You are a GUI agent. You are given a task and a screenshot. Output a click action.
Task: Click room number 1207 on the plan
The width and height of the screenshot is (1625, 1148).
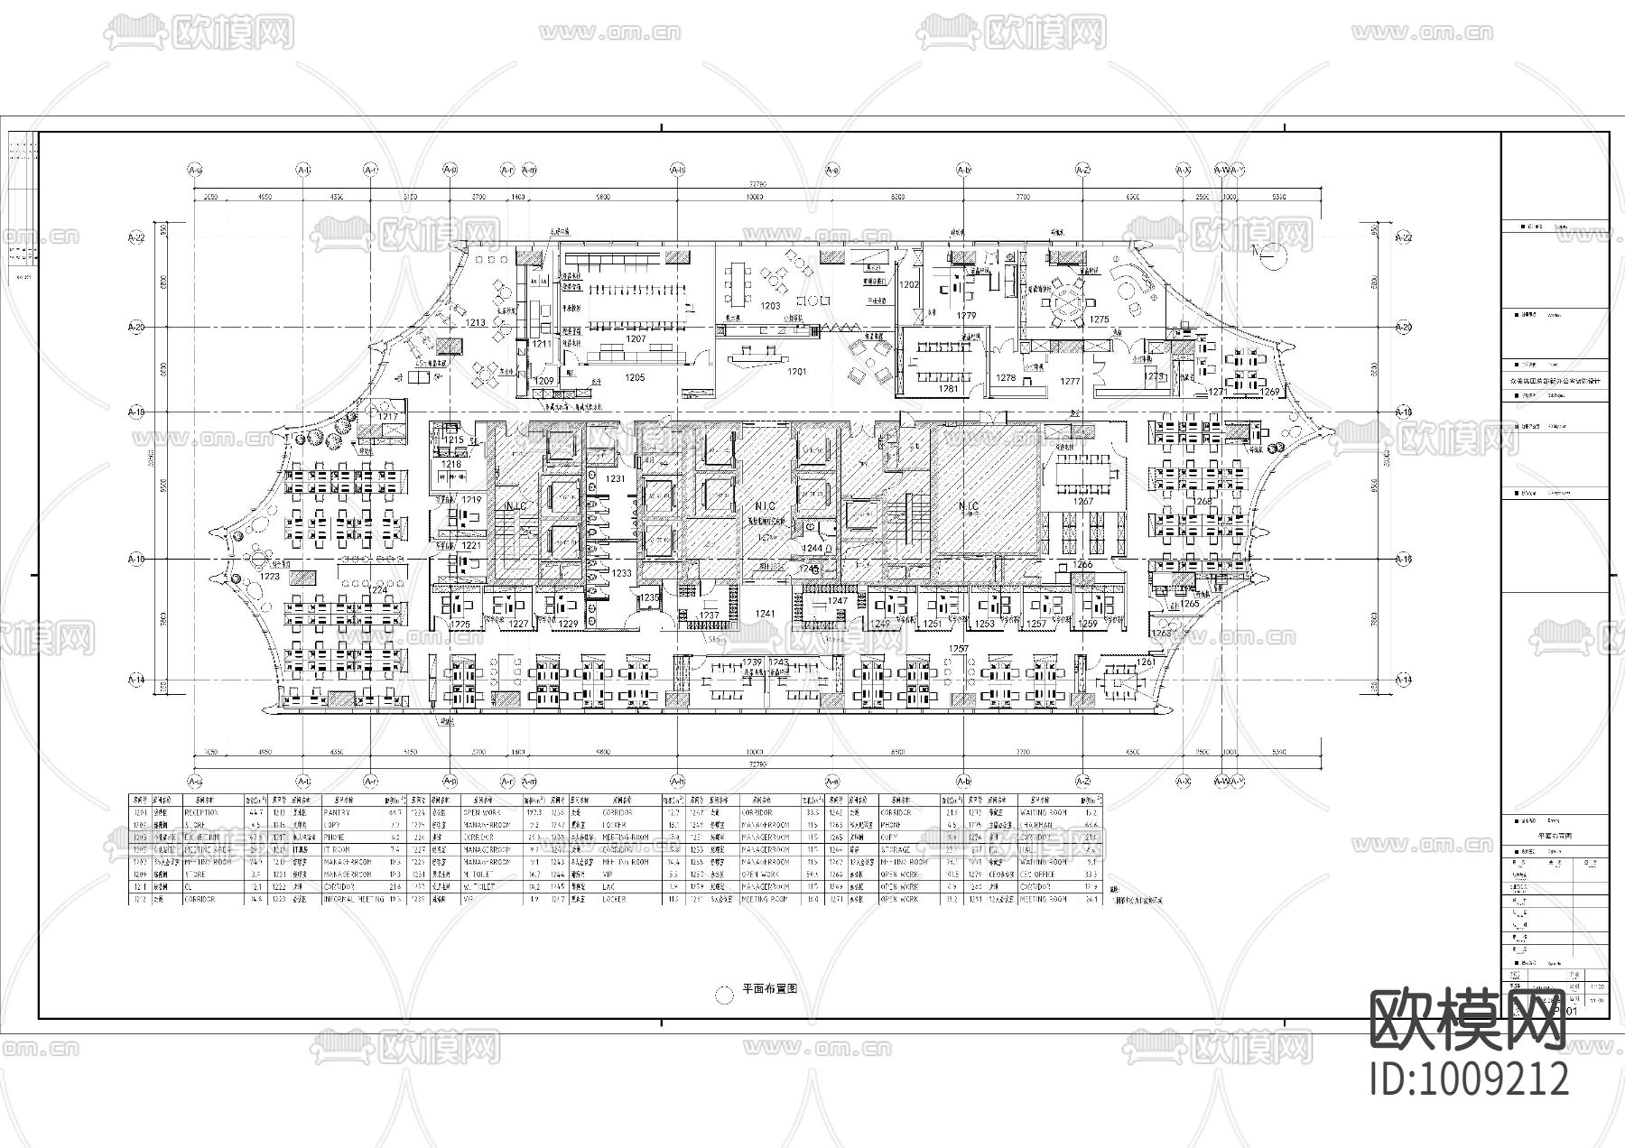pos(636,339)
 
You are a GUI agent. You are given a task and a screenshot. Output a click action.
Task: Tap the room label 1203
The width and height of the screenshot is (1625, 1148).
pos(770,306)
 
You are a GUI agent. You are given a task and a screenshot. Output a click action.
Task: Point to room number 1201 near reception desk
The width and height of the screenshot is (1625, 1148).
pos(796,371)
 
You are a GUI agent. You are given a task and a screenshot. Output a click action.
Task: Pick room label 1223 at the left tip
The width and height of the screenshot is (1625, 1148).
pos(270,576)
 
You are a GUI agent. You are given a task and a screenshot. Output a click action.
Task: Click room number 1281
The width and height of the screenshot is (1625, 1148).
pos(948,389)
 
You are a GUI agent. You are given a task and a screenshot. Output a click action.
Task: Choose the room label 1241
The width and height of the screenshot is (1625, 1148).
pos(766,614)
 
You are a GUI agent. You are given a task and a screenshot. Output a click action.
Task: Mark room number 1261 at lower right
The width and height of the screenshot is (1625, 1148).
pos(1146,662)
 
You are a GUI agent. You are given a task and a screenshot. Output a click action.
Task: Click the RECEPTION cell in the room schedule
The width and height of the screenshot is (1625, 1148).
pos(202,812)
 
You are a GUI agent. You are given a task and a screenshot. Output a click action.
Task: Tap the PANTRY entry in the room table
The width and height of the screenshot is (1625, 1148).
pos(337,812)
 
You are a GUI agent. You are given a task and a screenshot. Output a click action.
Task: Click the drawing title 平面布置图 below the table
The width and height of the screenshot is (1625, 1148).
pos(769,988)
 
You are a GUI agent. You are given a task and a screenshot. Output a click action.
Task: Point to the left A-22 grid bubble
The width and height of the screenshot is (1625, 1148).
pos(136,237)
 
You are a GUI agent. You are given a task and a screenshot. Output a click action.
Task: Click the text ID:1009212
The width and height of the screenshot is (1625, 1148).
pos(1470,1079)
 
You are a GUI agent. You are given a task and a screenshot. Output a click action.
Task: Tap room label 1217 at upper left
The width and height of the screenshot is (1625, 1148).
pos(388,416)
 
